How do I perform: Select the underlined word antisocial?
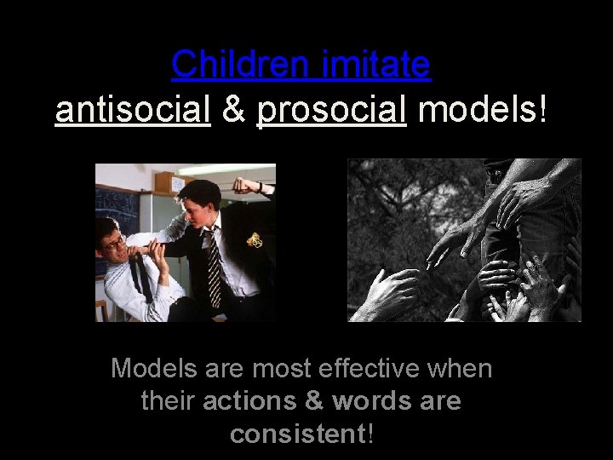click(132, 111)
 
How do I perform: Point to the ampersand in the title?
click(232, 111)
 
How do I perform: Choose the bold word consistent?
click(297, 434)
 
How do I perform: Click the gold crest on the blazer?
click(254, 240)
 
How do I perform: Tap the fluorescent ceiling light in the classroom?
click(226, 170)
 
